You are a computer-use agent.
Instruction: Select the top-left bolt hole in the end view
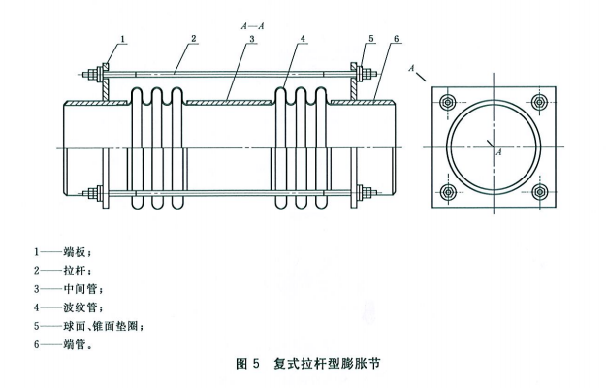pyautogui.click(x=448, y=103)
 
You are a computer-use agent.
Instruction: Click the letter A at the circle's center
pyautogui.click(x=498, y=152)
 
